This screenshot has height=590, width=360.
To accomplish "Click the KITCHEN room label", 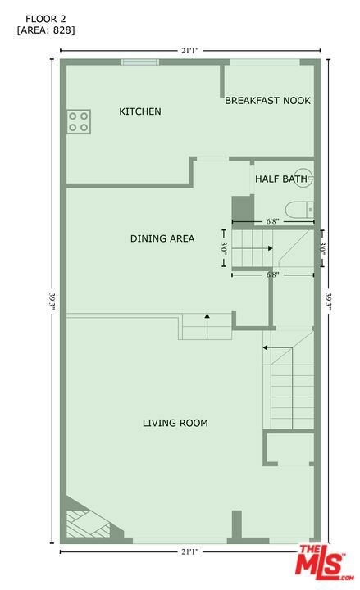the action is tap(140, 111).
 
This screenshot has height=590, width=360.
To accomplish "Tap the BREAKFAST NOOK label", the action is tap(267, 101).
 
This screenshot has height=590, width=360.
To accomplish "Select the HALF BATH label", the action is tap(281, 179).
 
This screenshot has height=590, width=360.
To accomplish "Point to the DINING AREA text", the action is tap(162, 238).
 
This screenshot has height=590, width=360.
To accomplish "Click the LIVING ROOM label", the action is tap(175, 423).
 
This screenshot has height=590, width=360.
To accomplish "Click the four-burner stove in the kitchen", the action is tap(79, 121).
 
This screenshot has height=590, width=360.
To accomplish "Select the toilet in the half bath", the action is tap(299, 210).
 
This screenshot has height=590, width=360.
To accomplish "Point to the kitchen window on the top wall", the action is tap(140, 62).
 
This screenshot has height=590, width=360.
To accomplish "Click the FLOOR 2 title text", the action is tap(46, 19).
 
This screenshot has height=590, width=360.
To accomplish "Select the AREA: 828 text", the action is tap(46, 30).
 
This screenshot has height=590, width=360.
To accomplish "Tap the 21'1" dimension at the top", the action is tap(189, 51).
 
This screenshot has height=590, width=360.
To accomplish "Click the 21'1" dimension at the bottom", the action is tap(189, 552).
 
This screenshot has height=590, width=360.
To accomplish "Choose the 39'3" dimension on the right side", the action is tap(328, 301).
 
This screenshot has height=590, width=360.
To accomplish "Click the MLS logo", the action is tap(326, 562).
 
